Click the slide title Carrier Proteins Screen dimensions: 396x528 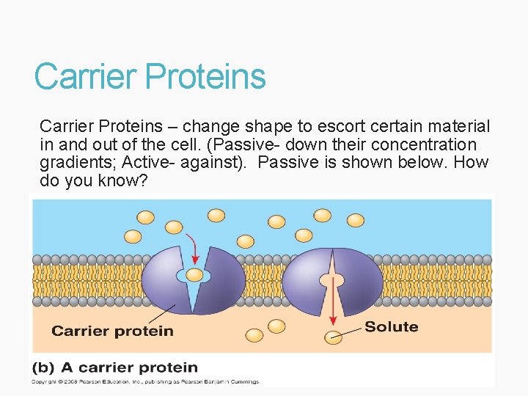pyautogui.click(x=150, y=77)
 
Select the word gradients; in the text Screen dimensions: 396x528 pyautogui.click(x=76, y=162)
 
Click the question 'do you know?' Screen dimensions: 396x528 pyautogui.click(x=94, y=180)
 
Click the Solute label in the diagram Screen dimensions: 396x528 pyautogui.click(x=391, y=327)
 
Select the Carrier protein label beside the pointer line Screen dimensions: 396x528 pyautogui.click(x=112, y=331)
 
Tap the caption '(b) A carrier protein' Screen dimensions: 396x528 pyautogui.click(x=114, y=367)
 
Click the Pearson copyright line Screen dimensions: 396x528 pyautogui.click(x=145, y=381)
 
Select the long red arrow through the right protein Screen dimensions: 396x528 pyautogui.click(x=332, y=293)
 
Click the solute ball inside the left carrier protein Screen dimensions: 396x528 pyautogui.click(x=194, y=275)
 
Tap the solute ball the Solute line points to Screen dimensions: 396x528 pyautogui.click(x=334, y=337)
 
